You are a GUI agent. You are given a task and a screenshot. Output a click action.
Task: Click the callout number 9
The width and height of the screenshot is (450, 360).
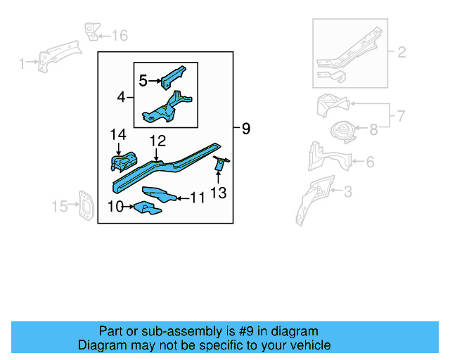pos(245,129)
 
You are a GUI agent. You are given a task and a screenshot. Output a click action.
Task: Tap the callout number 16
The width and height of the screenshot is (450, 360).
pos(120,35)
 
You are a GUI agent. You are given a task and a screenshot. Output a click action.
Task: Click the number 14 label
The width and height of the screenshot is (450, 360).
pos(117,134)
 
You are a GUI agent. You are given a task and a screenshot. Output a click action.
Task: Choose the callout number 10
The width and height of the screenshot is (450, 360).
pos(115,206)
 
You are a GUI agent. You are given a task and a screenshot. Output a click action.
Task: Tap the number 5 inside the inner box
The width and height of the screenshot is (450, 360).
pos(143,81)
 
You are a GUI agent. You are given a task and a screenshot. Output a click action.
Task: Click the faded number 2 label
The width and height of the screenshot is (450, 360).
pos(401,52)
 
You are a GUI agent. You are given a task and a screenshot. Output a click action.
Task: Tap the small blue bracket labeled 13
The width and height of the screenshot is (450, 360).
pos(219,164)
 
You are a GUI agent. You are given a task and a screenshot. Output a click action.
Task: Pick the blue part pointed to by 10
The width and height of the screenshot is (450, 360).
pos(145,207)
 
